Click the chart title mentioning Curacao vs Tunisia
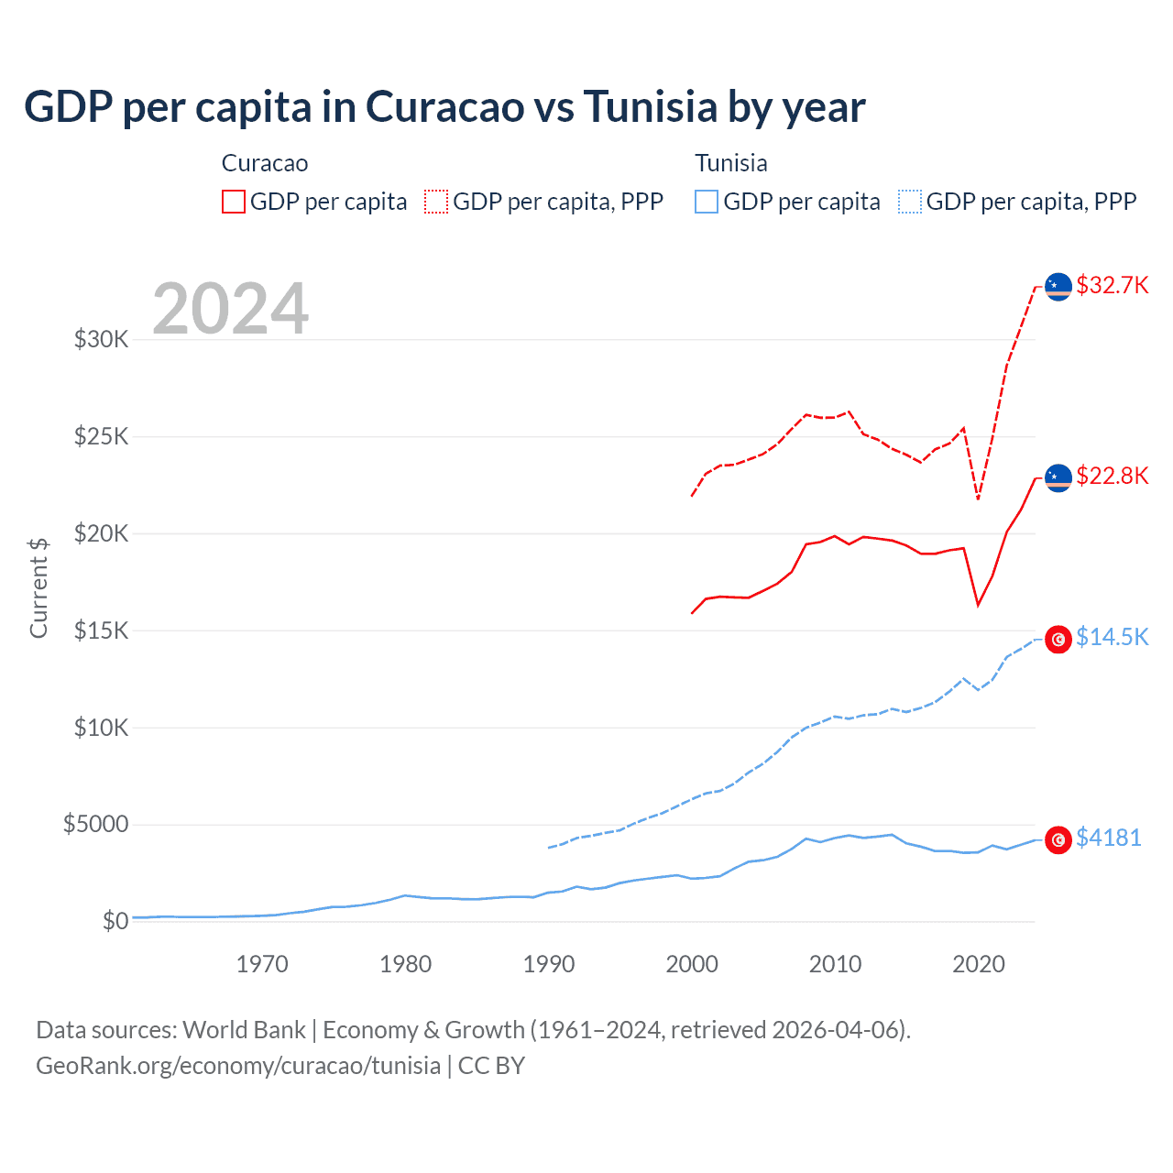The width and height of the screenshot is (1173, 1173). tap(444, 107)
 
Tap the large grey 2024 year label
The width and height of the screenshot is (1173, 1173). tap(230, 310)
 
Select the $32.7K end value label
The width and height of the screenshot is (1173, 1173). tap(1112, 285)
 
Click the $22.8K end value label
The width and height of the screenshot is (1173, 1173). tap(1112, 476)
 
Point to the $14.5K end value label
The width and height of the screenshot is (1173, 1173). tap(1112, 637)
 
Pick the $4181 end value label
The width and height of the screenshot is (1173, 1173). tap(1108, 838)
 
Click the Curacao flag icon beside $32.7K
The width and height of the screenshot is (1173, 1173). tap(1058, 287)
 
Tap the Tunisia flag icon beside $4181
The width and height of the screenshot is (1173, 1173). tap(1058, 839)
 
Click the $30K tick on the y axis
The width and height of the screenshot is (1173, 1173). tap(102, 340)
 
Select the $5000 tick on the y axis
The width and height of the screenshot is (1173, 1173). tap(95, 825)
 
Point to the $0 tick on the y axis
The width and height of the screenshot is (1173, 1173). tap(115, 921)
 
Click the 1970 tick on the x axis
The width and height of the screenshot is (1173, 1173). tap(262, 964)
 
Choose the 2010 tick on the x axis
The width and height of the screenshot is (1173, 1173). tap(835, 964)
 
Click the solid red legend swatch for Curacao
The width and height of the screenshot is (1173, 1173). tap(234, 202)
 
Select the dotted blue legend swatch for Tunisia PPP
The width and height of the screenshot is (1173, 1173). tap(910, 202)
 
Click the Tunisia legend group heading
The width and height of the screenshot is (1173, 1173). tap(730, 163)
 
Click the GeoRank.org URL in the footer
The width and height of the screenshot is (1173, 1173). tap(238, 1066)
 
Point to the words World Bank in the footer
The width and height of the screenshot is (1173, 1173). tap(244, 1030)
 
